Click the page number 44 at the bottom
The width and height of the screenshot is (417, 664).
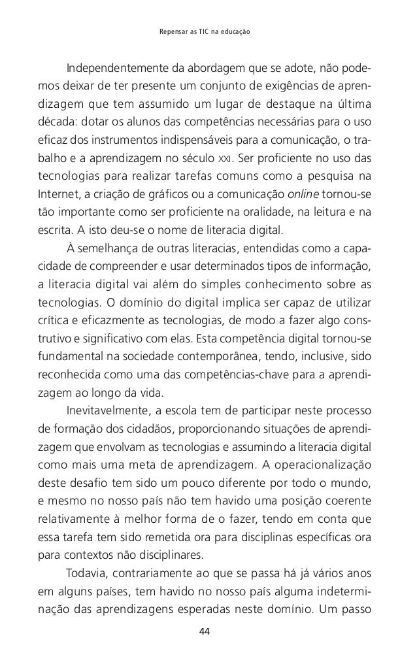[208, 632]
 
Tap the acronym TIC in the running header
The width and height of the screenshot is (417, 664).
[196, 31]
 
